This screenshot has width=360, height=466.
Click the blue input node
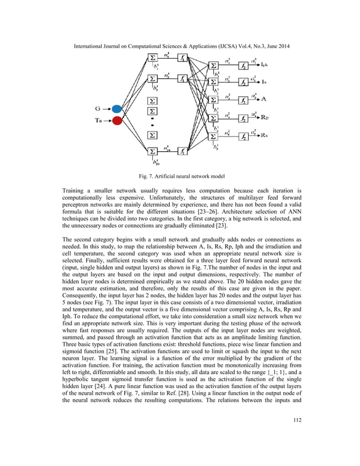pyautogui.click(x=117, y=109)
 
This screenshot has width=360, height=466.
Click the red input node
pyautogui.click(x=117, y=120)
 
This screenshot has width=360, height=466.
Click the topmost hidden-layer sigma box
pyautogui.click(x=152, y=58)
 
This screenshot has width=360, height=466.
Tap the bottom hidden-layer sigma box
pyautogui.click(x=152, y=151)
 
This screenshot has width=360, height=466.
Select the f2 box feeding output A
pyautogui.click(x=243, y=100)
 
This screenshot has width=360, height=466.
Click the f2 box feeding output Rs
pyautogui.click(x=243, y=137)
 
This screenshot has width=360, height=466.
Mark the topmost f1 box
pyautogui.click(x=183, y=58)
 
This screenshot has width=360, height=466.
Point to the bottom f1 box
pyautogui.click(x=183, y=151)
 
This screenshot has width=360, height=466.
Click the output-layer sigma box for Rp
pyautogui.click(x=213, y=118)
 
